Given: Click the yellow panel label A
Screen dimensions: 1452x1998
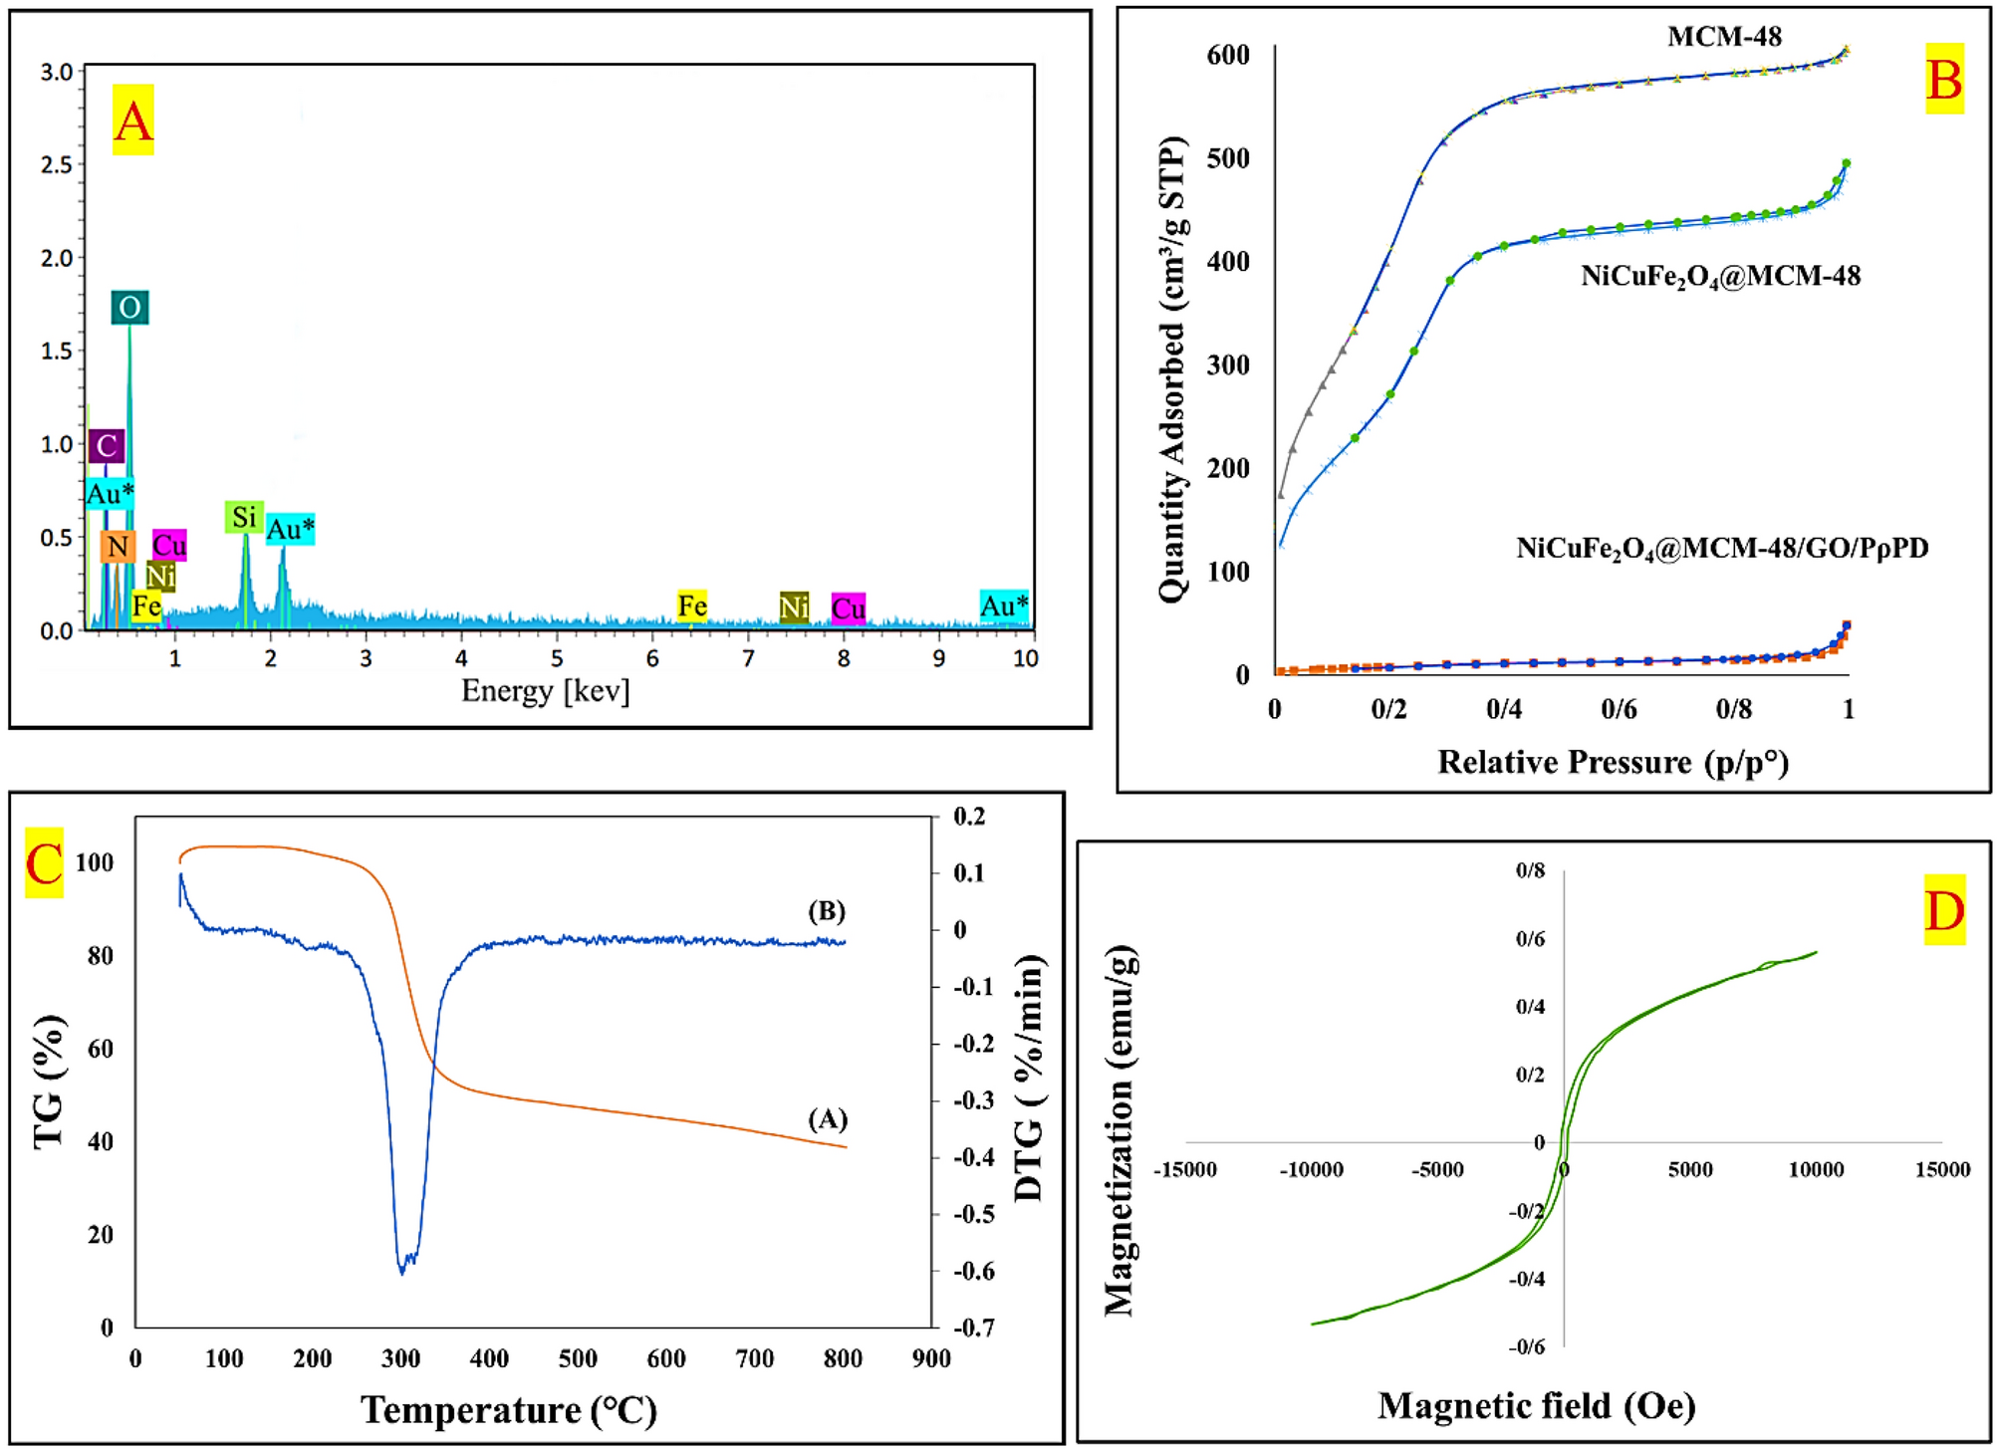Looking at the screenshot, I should (x=132, y=121).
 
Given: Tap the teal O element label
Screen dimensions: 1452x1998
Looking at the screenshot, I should (x=129, y=308).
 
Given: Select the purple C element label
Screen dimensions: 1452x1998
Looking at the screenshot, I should (x=107, y=445).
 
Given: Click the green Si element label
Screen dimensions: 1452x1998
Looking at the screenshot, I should (x=244, y=517).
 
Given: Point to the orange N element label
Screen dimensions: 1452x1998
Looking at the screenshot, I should (x=118, y=546).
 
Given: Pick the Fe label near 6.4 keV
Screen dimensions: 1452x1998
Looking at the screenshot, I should (x=691, y=605).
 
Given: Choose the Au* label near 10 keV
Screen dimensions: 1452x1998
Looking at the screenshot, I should (x=1003, y=605).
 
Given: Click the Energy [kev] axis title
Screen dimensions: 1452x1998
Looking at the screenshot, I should (x=545, y=690).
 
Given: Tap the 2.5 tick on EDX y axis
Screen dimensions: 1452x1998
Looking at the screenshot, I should (x=56, y=164).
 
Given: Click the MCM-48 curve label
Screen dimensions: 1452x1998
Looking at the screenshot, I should (x=1724, y=37).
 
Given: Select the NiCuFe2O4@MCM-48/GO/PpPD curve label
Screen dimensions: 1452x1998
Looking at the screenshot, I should (x=1721, y=549).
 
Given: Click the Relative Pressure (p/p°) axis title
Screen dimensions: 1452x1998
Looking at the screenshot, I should (x=1613, y=762).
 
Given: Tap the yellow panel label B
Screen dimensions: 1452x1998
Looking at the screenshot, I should (x=1943, y=79).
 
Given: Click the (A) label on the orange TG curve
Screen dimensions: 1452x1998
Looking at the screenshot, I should (x=827, y=1119).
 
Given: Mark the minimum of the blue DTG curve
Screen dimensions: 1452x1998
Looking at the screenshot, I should (x=401, y=1272).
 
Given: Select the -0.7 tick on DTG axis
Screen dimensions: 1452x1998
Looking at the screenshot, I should (x=973, y=1328).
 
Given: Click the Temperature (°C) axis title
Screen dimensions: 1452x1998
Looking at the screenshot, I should (x=508, y=1410).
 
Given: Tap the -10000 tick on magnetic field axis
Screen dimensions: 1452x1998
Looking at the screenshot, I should (x=1311, y=1169).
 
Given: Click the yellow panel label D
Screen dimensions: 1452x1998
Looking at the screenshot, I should (x=1943, y=910).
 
